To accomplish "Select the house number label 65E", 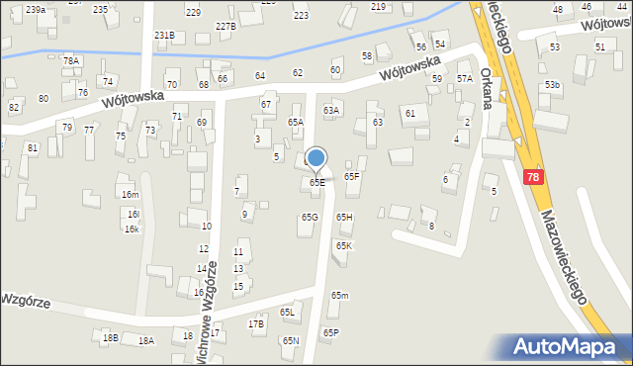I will [316, 182].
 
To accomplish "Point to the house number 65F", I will [351, 176].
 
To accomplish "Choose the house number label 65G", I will [310, 217].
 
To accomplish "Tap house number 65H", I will [344, 217].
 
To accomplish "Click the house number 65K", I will [343, 245].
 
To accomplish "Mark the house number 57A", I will [464, 78].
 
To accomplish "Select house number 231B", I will [164, 36].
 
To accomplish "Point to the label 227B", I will [225, 26].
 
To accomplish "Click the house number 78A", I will [70, 60].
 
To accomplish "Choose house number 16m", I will [130, 195].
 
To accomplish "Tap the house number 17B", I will [256, 323].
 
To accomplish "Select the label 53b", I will [552, 85].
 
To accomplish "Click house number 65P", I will [330, 333].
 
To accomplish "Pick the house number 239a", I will [36, 9].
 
